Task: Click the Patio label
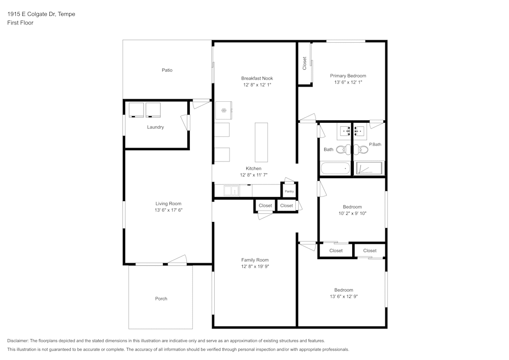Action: pyautogui.click(x=167, y=70)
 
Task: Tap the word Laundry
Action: pyautogui.click(x=155, y=127)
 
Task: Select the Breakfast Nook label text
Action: pyautogui.click(x=257, y=78)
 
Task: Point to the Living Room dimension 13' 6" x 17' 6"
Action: pyautogui.click(x=168, y=210)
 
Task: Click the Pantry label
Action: pyautogui.click(x=289, y=191)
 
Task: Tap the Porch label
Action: pyautogui.click(x=161, y=299)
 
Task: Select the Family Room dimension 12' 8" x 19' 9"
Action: pyautogui.click(x=255, y=266)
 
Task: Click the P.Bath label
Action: pyautogui.click(x=375, y=145)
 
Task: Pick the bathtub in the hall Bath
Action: pyautogui.click(x=335, y=168)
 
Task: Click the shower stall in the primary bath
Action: pyautogui.click(x=369, y=169)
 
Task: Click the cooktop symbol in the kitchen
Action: pyautogui.click(x=223, y=110)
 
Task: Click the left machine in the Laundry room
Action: pyautogui.click(x=136, y=110)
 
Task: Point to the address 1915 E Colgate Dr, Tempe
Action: pyautogui.click(x=41, y=14)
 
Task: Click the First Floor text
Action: pyautogui.click(x=20, y=23)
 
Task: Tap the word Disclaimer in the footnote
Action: pyautogui.click(x=18, y=341)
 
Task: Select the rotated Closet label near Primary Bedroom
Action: pyautogui.click(x=305, y=63)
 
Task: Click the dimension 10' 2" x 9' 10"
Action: pyautogui.click(x=352, y=213)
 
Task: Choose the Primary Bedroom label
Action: pyautogui.click(x=348, y=76)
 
